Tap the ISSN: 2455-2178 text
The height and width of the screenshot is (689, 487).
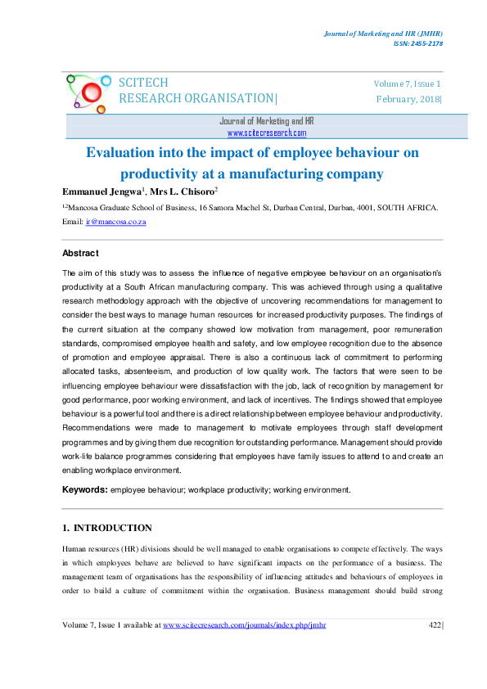(417, 43)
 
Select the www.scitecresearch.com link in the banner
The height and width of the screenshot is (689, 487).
(267, 132)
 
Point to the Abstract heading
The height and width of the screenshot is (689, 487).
(81, 254)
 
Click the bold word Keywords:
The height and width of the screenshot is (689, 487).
(85, 489)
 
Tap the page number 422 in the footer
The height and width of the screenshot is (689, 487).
(435, 625)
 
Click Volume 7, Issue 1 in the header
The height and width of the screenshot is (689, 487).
(408, 83)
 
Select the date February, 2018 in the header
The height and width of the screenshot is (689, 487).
(408, 99)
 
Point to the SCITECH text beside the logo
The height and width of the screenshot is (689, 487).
(144, 83)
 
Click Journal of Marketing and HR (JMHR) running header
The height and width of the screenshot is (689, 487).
(381, 33)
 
